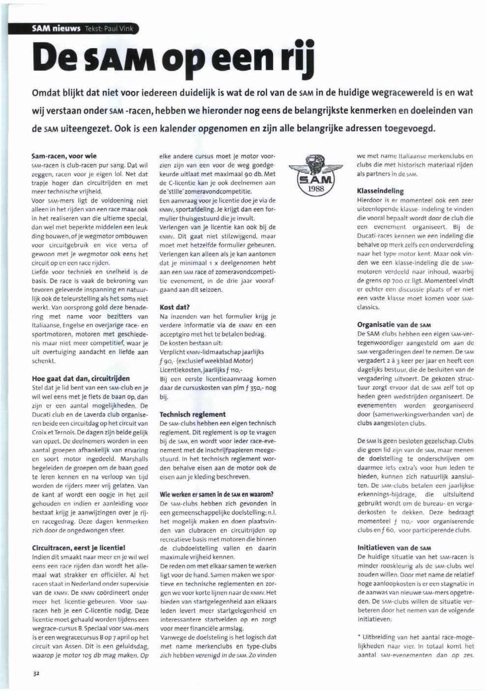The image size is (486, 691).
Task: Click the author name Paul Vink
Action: point(119,29)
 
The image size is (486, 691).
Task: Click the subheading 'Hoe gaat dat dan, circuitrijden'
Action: point(81,378)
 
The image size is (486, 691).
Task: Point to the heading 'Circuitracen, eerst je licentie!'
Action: point(78,547)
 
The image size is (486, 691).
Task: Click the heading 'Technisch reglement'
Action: point(192,414)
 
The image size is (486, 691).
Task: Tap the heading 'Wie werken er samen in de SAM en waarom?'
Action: point(216,494)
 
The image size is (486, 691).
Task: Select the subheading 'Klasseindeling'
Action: point(380,191)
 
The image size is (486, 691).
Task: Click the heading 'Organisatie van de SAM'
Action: point(394,325)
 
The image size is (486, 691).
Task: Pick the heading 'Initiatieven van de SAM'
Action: point(394,547)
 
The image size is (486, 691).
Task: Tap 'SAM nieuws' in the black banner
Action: point(56,29)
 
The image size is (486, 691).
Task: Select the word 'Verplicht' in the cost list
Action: point(173,352)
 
